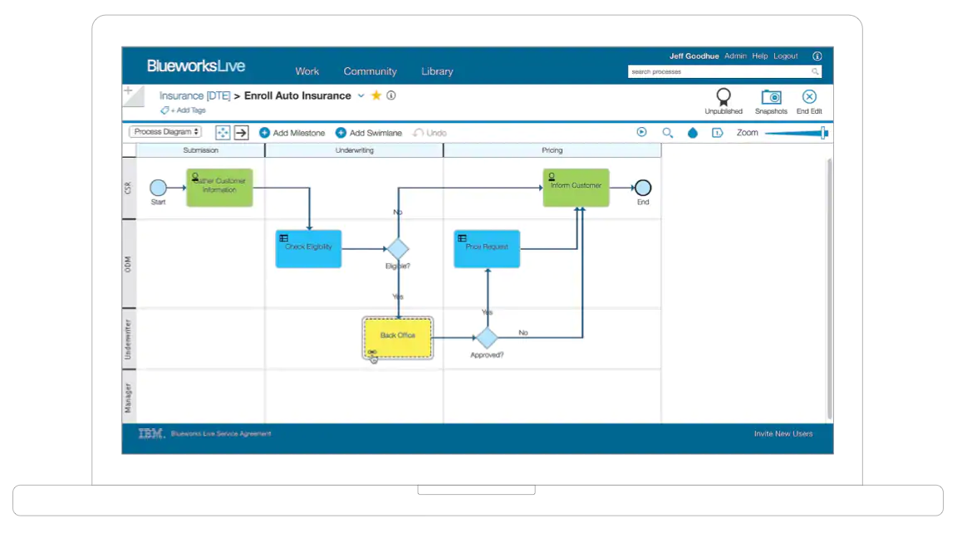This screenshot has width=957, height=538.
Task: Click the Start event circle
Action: tap(158, 188)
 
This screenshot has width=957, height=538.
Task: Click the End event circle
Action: tap(642, 188)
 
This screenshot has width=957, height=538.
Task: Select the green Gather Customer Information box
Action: tap(219, 188)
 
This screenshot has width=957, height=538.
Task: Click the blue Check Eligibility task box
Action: tap(308, 248)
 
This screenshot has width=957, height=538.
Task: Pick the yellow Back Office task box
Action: tap(398, 337)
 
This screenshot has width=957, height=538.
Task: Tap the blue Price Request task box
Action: tap(487, 248)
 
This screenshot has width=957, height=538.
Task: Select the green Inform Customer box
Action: tap(576, 188)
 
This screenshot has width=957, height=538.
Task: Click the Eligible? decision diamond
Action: tap(398, 248)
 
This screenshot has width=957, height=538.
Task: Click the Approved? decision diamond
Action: tap(487, 337)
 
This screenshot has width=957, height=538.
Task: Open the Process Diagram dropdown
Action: tap(166, 132)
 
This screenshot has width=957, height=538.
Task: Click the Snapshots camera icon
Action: tap(771, 97)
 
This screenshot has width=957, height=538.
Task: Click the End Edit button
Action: tap(809, 97)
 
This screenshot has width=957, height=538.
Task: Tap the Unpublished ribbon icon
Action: tap(724, 97)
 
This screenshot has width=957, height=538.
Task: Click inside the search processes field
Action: tap(719, 72)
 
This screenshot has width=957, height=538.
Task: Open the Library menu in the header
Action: tap(437, 71)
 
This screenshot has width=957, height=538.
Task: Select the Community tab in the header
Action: tap(371, 71)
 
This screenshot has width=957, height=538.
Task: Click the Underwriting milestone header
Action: tap(354, 150)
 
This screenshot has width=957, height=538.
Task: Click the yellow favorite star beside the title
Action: tap(376, 95)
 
